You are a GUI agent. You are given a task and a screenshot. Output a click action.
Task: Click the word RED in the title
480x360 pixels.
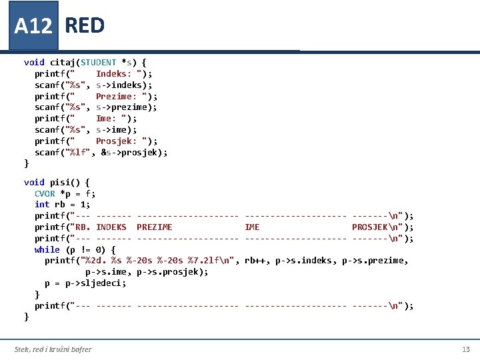coord(85,25)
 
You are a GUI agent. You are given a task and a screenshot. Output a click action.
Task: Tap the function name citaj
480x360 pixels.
coord(63,62)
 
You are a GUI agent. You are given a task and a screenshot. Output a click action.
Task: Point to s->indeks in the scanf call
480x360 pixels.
coord(123,85)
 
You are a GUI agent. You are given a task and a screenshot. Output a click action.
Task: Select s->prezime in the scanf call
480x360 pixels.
coord(126,107)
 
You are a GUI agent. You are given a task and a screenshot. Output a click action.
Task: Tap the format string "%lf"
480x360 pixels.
coord(77,153)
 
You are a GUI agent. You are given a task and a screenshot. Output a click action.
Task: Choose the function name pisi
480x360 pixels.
coord(63,182)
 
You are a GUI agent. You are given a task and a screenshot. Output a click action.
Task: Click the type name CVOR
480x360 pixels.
coord(45,193)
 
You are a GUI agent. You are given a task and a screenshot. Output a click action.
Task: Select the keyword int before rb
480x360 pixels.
coord(42,205)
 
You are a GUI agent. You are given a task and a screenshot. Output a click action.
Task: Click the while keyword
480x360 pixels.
coord(47,249)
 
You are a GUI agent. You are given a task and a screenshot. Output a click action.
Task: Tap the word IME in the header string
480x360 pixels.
coord(252,227)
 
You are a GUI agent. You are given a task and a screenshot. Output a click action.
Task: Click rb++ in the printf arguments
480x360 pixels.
coord(256,261)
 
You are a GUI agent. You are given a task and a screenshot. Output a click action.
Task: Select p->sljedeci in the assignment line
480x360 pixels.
coord(100,283)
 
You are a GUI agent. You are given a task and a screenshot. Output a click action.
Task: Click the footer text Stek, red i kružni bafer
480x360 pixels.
coord(53,349)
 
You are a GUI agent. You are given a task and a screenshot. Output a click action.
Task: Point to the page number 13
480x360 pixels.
coord(465,349)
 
